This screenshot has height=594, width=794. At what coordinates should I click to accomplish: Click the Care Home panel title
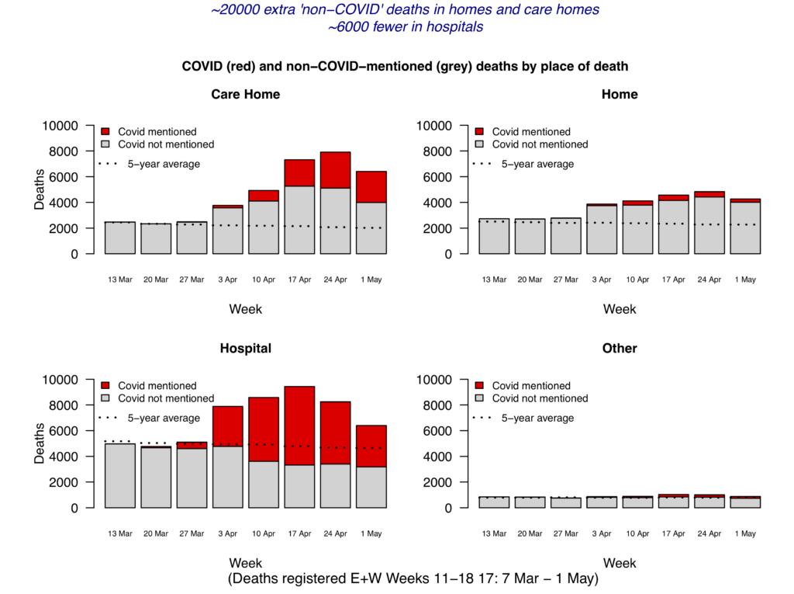(x=246, y=95)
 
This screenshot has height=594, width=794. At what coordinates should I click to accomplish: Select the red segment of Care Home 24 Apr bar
(x=336, y=170)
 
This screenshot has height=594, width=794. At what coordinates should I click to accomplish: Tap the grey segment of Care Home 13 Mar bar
(x=120, y=238)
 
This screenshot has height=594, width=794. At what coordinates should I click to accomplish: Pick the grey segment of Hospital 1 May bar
(x=371, y=487)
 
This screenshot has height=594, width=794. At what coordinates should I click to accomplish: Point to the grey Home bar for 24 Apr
(x=709, y=225)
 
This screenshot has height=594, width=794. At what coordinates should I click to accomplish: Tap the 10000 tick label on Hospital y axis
(x=64, y=380)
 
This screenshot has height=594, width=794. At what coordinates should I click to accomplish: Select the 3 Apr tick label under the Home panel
(x=602, y=280)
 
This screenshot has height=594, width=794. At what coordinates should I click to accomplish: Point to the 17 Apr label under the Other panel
(x=673, y=534)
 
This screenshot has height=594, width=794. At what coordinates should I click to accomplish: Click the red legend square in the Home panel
(x=479, y=132)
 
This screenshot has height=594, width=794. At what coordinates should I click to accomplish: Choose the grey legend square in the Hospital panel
(x=105, y=398)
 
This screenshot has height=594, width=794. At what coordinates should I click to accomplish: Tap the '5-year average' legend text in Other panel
(x=537, y=418)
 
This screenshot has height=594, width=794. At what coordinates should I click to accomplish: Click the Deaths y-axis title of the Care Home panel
(x=40, y=189)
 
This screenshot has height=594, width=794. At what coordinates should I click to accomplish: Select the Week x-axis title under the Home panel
(x=620, y=309)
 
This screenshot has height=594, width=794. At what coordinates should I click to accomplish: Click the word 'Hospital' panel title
(x=246, y=349)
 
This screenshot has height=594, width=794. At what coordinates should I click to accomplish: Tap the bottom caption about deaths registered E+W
(x=413, y=579)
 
